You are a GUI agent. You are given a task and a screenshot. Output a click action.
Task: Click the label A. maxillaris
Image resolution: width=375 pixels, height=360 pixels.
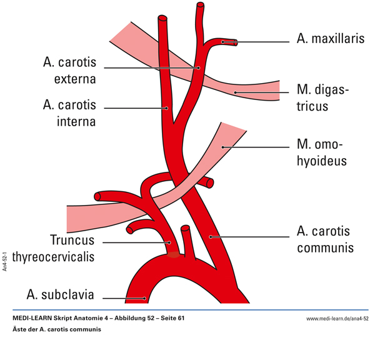[329, 39]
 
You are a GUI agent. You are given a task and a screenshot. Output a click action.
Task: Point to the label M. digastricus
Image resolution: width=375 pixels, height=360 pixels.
[322, 98]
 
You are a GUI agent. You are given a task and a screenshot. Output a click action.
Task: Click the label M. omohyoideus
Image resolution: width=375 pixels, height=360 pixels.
[321, 153]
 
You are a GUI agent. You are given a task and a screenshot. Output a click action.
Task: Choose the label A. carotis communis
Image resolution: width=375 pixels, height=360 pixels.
[325, 239]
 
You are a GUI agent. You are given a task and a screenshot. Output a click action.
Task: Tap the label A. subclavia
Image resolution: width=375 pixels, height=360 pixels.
[59, 294]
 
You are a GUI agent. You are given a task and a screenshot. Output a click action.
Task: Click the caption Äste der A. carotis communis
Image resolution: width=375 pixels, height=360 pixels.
[56, 329]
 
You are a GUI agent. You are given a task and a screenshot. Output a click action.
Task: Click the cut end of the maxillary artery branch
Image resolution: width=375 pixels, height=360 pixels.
[236, 42]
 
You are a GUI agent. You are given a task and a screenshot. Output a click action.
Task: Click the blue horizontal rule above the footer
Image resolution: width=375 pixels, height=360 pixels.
[187, 310]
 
